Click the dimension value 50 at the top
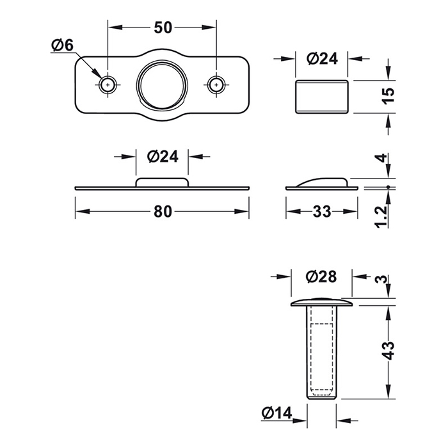[x=163, y=28]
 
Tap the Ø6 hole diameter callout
[x=62, y=45]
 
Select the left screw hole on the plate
[x=108, y=85]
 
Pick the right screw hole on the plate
[x=216, y=85]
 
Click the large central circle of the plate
[x=162, y=84]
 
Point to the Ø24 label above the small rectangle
[x=322, y=59]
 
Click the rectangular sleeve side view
[x=322, y=97]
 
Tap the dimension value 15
[x=388, y=96]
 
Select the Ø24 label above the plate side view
[x=163, y=157]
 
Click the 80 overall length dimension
[x=163, y=212]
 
